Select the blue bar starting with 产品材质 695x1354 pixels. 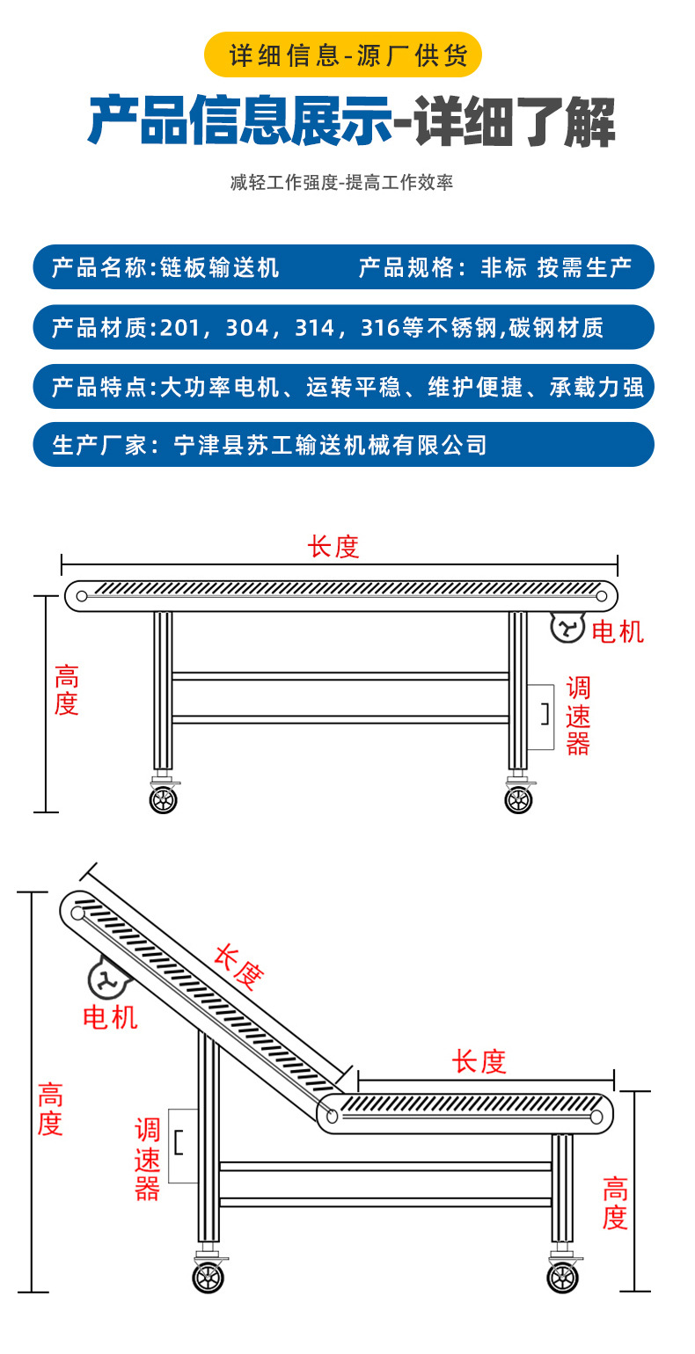click(x=343, y=328)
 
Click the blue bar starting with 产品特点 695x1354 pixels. click(x=343, y=387)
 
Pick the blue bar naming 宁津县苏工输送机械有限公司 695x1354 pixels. click(x=343, y=445)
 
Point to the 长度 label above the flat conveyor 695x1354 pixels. click(x=333, y=547)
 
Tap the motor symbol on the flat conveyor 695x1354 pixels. click(x=567, y=627)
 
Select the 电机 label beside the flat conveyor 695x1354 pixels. click(x=618, y=631)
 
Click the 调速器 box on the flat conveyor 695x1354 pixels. click(x=540, y=717)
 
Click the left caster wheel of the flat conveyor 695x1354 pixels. click(x=164, y=799)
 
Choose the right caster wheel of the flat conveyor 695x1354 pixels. click(x=518, y=799)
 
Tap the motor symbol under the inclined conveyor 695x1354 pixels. click(x=106, y=979)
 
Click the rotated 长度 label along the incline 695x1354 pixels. click(x=238, y=967)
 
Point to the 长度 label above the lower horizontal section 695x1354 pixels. click(x=479, y=1061)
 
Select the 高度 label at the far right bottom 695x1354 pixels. click(x=615, y=1205)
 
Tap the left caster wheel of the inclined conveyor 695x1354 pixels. click(x=208, y=1277)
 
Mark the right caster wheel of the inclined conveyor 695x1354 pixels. click(x=563, y=1277)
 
